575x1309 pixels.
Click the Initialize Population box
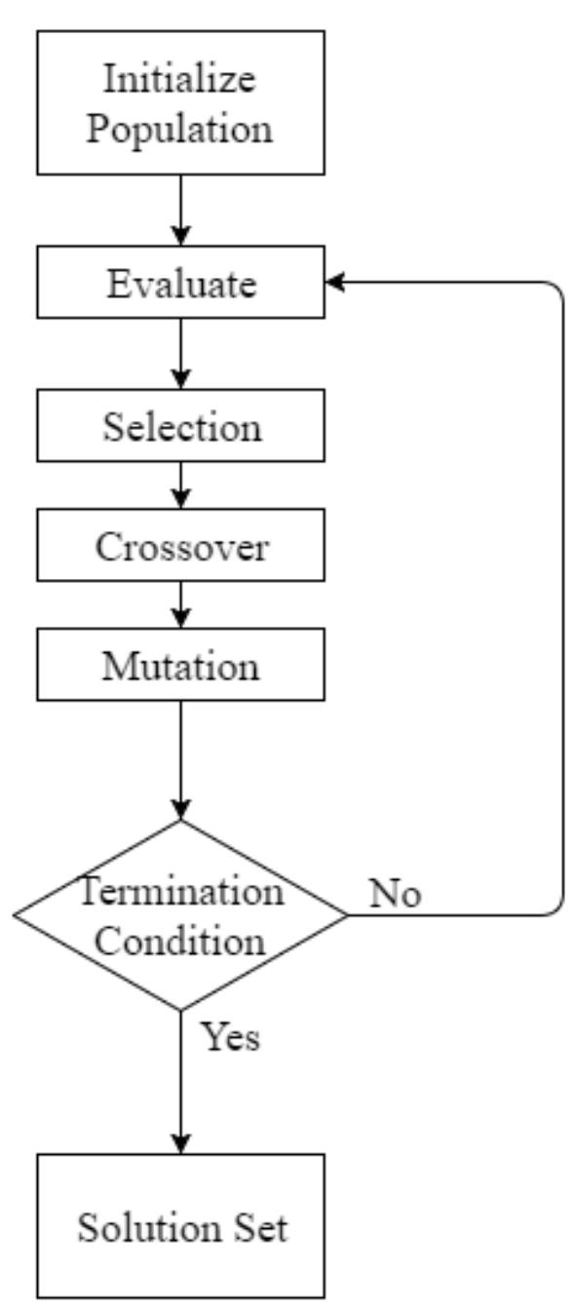coord(180,102)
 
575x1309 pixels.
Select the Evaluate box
coord(180,282)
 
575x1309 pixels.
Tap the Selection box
coord(180,426)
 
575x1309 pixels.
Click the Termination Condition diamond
coord(180,915)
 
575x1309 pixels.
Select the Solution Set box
coord(180,1225)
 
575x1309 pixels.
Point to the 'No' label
coord(395,893)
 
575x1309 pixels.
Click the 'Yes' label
coord(231,1037)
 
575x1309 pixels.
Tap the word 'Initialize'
coord(180,79)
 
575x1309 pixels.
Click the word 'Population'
coord(180,128)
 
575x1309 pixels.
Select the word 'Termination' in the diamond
coord(181,890)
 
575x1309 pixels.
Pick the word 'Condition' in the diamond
coord(181,941)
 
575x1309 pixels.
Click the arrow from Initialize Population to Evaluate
coord(180,211)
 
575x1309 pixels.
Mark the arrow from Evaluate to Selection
coord(180,354)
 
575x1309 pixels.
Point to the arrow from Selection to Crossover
coord(180,485)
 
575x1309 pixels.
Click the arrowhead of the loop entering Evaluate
coord(334,282)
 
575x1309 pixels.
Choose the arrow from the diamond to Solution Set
coord(180,1082)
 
